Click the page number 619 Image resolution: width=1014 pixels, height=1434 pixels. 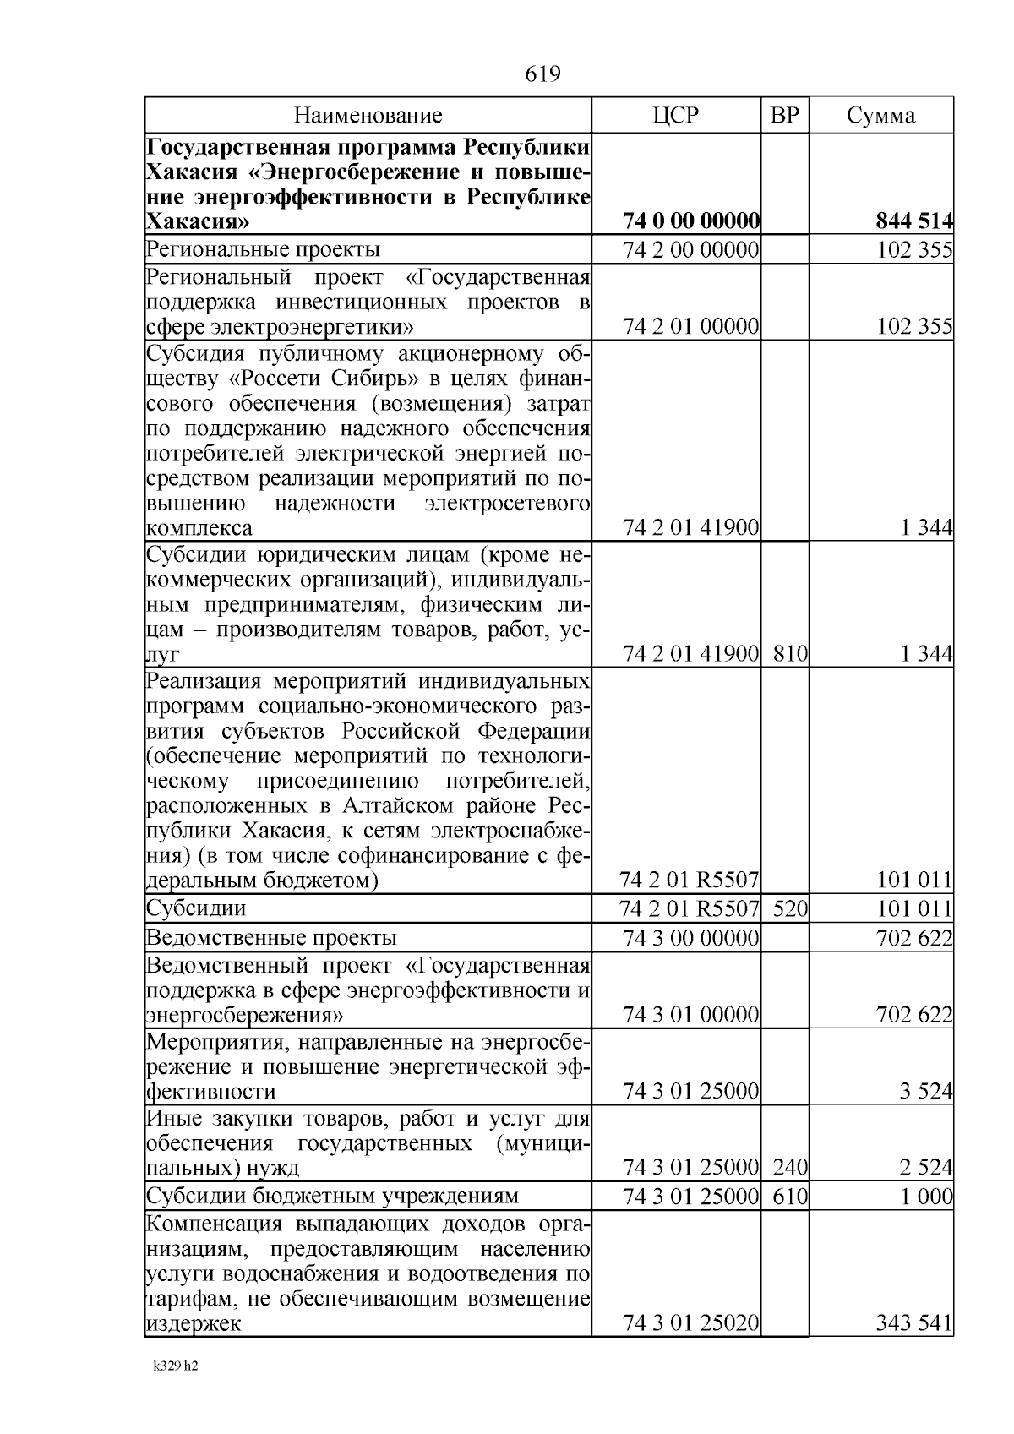[x=542, y=75]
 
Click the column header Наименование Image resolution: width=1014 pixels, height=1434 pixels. [x=368, y=116]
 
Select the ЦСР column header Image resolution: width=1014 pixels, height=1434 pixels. [x=676, y=116]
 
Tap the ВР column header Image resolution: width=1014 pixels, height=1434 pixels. [x=785, y=116]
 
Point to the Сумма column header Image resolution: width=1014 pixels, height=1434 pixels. [x=880, y=116]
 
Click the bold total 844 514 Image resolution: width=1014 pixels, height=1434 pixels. [x=913, y=222]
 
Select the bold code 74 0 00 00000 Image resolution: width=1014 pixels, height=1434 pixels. [x=690, y=222]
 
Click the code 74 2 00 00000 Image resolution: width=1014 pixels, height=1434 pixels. [x=690, y=250]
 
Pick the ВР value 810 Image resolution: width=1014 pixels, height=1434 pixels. [x=790, y=654]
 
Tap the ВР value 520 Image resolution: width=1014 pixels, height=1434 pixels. [x=790, y=909]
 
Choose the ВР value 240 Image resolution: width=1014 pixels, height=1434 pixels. [x=790, y=1168]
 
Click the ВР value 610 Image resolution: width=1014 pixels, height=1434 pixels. [x=790, y=1196]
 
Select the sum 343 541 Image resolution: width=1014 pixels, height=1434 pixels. [x=914, y=1323]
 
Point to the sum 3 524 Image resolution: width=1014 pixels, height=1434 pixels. [x=926, y=1092]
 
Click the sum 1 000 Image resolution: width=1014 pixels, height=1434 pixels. [x=926, y=1196]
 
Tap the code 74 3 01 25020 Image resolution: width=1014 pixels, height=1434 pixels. [x=690, y=1323]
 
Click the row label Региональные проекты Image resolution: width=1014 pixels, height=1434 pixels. [x=263, y=250]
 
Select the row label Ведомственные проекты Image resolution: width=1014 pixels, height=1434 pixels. [x=271, y=938]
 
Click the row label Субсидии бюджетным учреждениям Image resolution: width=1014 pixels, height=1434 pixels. [x=332, y=1196]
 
